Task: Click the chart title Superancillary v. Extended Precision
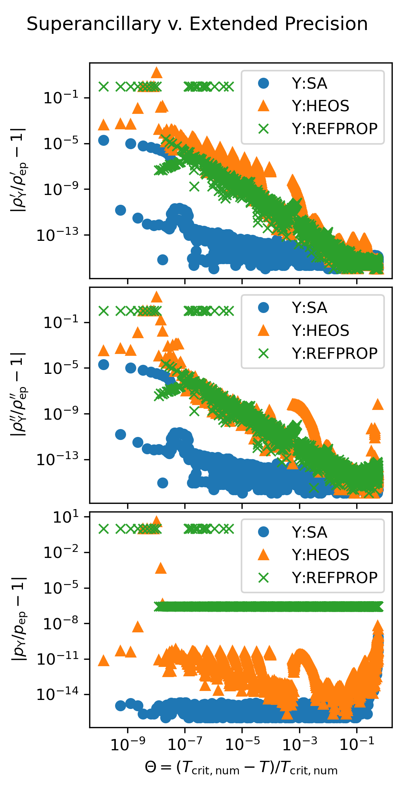pyautogui.click(x=197, y=24)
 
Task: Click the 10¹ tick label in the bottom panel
pyautogui.click(x=66, y=517)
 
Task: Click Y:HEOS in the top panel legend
pyautogui.click(x=321, y=106)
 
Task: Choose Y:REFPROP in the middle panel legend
pyautogui.click(x=334, y=354)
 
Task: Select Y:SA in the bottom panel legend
pyautogui.click(x=309, y=533)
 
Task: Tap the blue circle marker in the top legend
pyautogui.click(x=264, y=83)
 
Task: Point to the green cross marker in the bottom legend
pyautogui.click(x=264, y=578)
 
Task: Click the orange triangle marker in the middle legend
pyautogui.click(x=264, y=331)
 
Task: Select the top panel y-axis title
pyautogui.click(x=19, y=171)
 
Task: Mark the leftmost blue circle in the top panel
pyautogui.click(x=103, y=141)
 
